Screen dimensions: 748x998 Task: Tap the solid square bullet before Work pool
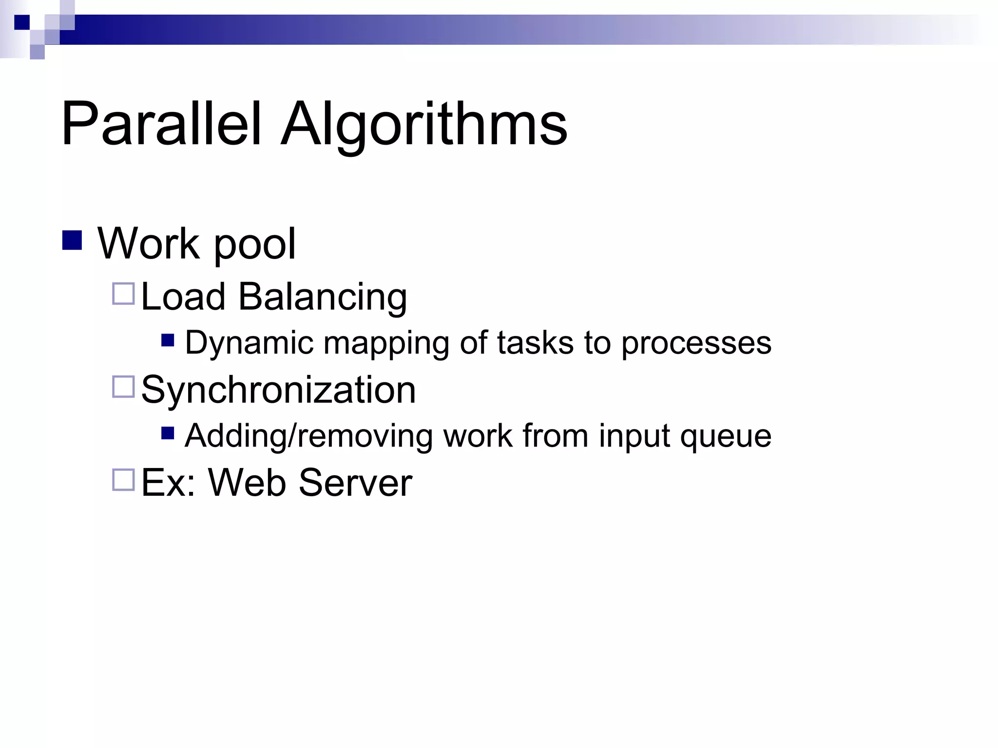coord(72,240)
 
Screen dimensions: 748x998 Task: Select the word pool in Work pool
coord(254,244)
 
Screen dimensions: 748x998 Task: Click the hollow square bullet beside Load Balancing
coord(123,294)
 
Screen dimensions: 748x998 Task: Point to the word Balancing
coord(322,297)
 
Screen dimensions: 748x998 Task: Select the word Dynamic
coord(249,343)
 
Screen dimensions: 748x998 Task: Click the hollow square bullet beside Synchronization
coord(123,387)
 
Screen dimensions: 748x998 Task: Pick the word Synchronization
coord(278,390)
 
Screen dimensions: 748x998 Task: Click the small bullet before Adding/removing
coord(168,432)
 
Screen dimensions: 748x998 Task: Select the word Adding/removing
coord(308,436)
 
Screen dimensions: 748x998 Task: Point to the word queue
coord(726,437)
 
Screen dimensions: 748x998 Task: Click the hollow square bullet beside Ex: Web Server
coord(123,480)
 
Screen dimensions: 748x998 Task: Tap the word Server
coord(355,483)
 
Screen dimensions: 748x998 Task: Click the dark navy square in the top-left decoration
coord(22,22)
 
